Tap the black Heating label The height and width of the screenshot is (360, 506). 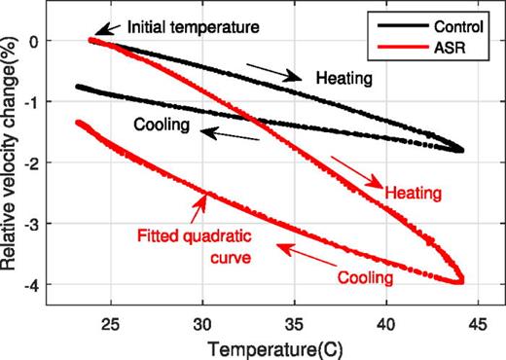coord(343,77)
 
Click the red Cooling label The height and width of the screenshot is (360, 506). coord(364,278)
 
